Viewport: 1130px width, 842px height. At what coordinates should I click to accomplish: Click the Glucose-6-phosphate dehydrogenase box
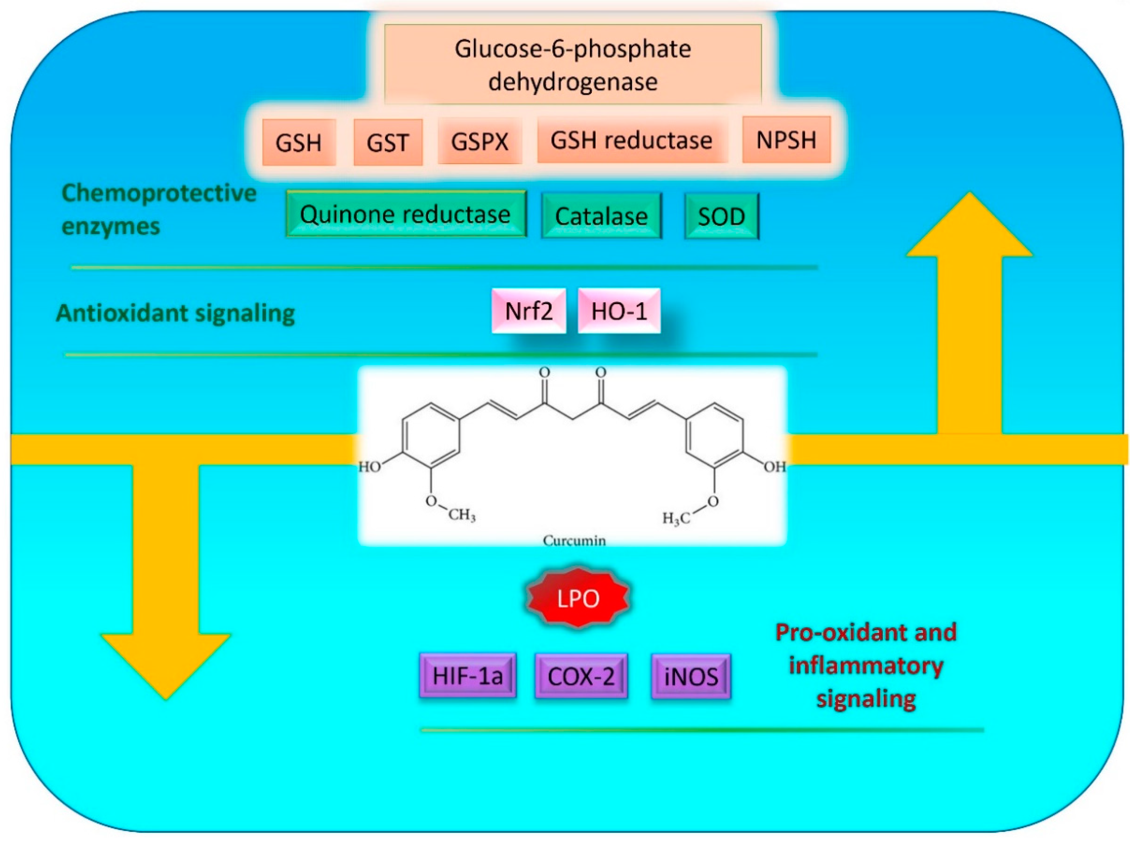click(x=572, y=65)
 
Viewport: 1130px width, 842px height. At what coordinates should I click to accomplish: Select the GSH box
click(x=299, y=142)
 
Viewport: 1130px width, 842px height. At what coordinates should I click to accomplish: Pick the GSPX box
click(x=479, y=141)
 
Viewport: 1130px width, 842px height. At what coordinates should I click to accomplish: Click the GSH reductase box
click(x=631, y=140)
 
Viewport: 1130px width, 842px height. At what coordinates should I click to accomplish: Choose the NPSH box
click(x=786, y=140)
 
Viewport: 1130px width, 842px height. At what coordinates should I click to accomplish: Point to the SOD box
click(x=721, y=216)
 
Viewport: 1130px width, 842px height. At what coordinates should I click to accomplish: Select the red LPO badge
click(x=577, y=598)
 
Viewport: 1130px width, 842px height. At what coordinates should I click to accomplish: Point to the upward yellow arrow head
click(x=969, y=229)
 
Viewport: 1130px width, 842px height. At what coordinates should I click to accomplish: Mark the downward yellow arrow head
click(x=166, y=662)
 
